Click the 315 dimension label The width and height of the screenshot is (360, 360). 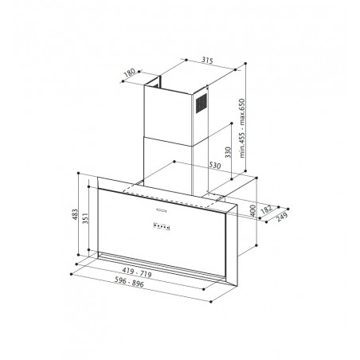tap(207, 61)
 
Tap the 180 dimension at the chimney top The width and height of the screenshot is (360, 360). tap(130, 72)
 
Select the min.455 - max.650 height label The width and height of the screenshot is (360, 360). tap(241, 128)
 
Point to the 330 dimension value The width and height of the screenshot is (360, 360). tap(228, 152)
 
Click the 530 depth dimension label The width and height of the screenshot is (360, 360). tap(215, 165)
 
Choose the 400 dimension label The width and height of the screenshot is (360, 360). tap(252, 210)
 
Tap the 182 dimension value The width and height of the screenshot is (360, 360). tap(266, 209)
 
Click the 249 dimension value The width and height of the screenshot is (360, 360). tap(282, 217)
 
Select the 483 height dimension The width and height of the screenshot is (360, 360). tap(76, 214)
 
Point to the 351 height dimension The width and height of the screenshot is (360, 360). tap(85, 218)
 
